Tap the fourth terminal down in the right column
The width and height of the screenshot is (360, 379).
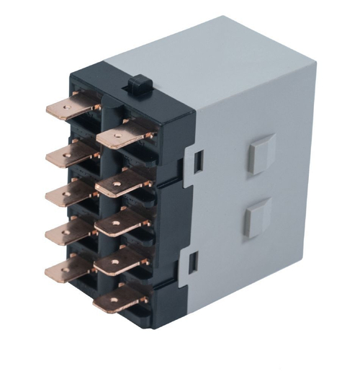[x=119, y=263]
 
